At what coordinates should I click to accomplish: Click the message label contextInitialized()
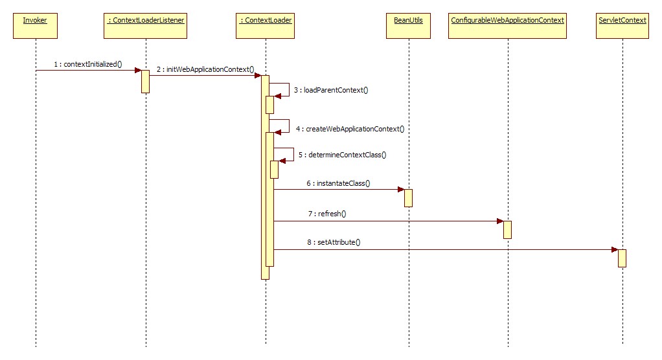point(87,64)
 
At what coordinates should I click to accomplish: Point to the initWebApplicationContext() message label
point(205,69)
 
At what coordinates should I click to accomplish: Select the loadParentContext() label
point(331,90)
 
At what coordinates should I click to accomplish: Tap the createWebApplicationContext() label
point(350,129)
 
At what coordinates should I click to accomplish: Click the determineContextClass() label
point(343,155)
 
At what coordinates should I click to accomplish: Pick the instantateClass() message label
point(338,183)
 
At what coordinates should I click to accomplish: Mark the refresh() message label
point(328,214)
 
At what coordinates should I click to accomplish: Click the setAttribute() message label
point(334,242)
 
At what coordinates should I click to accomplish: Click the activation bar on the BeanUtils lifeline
point(408,197)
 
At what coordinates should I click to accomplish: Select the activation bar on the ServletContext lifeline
point(622,258)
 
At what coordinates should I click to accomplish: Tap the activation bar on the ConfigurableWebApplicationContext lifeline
point(508,229)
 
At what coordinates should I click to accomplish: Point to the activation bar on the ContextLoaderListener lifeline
point(146,81)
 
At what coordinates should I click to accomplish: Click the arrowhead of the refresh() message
point(500,221)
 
